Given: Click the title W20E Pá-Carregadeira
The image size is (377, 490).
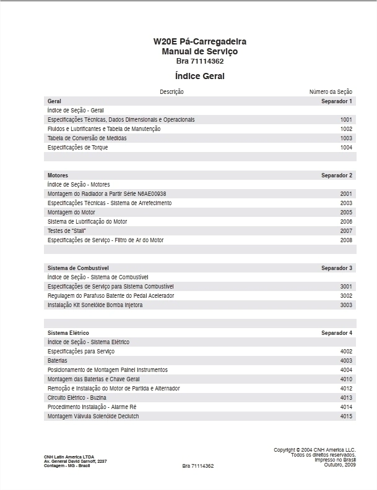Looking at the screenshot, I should click(x=200, y=41).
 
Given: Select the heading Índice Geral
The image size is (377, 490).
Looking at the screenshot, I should click(x=200, y=76).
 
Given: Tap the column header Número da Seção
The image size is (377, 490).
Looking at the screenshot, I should click(x=331, y=91).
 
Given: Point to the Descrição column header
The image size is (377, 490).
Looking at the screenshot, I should click(x=171, y=91).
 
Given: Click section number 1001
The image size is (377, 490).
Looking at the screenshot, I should click(x=346, y=119).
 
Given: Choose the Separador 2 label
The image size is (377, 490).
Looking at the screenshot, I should click(x=337, y=175).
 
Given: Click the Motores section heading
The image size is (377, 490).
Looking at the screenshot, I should click(x=58, y=175).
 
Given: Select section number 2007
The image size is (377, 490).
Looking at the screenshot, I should click(x=346, y=230).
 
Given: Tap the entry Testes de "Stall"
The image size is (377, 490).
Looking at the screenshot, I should click(x=66, y=230).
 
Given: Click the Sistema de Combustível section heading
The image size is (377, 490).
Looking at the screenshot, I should click(x=78, y=268).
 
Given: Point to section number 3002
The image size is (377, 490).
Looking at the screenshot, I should click(x=346, y=296).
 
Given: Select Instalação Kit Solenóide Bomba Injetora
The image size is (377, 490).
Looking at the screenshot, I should click(x=95, y=305).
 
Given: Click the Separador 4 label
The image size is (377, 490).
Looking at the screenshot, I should click(x=337, y=333).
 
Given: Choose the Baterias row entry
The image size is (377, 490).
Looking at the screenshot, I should click(x=58, y=361).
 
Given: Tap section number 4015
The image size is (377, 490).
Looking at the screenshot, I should click(x=346, y=416).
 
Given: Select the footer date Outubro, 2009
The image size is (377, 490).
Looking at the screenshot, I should click(x=339, y=465).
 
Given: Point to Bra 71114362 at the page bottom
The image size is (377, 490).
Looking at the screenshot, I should click(x=198, y=466).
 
